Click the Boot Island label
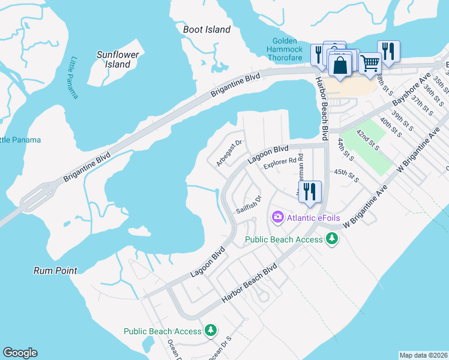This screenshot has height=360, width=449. (x=206, y=29)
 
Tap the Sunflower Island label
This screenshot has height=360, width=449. (x=118, y=59)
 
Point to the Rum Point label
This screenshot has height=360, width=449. (x=55, y=271)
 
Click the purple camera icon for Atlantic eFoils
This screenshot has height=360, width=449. (x=278, y=217)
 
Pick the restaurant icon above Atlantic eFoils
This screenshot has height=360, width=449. (x=310, y=191)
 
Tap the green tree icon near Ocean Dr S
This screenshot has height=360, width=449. (x=210, y=331)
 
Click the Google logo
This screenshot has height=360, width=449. (x=20, y=353)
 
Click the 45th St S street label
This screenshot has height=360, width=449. (x=346, y=175)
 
